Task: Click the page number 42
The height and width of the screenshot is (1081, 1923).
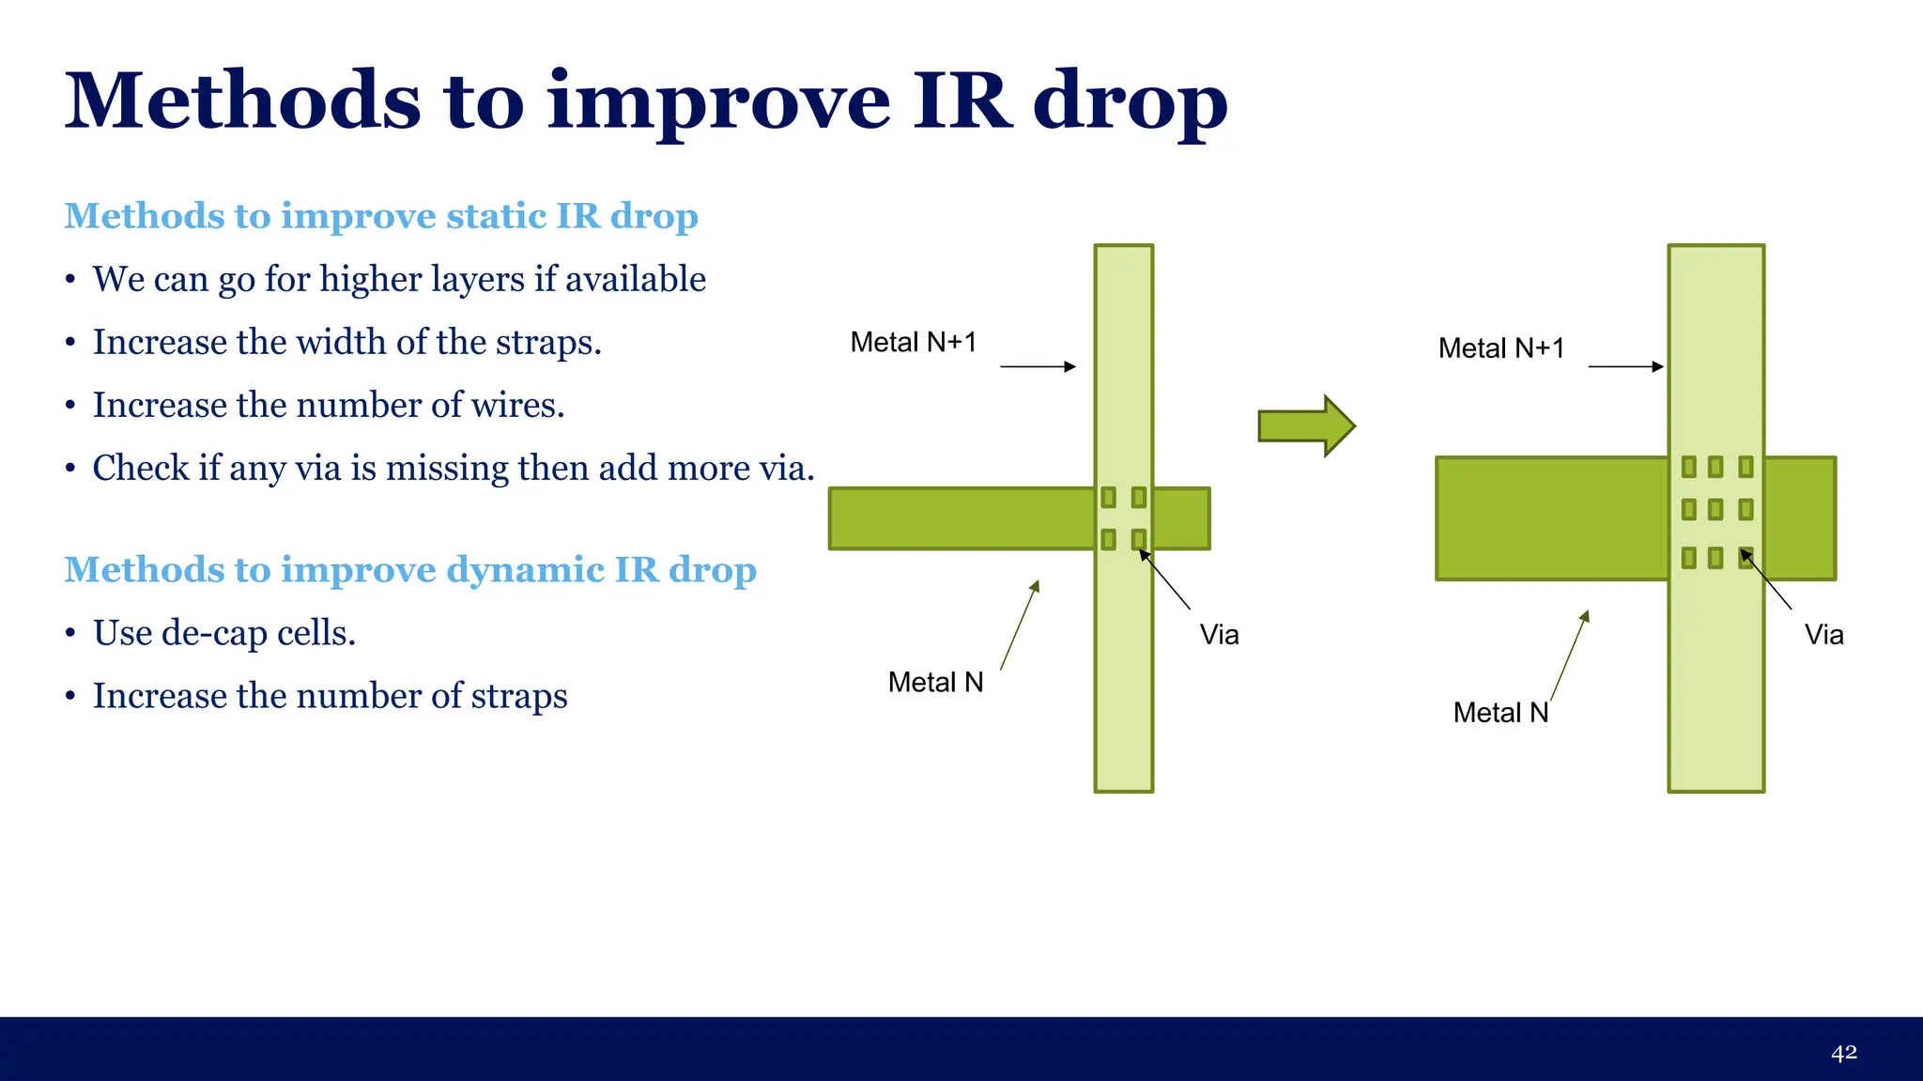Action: click(x=1843, y=1053)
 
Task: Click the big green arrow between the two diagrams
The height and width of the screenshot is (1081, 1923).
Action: click(x=1305, y=425)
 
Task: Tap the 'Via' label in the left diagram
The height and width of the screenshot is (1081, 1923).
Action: click(x=1219, y=635)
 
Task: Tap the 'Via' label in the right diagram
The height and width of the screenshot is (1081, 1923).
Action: click(x=1823, y=635)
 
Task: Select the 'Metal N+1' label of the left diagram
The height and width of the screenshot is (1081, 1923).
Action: click(x=913, y=343)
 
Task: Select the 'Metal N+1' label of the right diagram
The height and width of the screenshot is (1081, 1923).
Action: click(x=1500, y=348)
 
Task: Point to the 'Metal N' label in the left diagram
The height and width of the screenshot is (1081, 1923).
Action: click(x=935, y=683)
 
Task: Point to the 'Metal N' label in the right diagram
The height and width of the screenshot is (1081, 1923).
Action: click(x=1500, y=713)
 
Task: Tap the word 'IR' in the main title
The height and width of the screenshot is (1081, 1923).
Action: click(x=963, y=100)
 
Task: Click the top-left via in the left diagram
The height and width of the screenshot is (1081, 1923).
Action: click(x=1108, y=497)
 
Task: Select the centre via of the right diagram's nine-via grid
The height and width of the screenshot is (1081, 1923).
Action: click(x=1715, y=509)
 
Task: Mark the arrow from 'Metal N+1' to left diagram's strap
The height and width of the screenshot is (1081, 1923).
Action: click(x=1038, y=366)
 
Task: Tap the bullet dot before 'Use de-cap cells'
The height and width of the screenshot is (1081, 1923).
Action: click(x=70, y=634)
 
